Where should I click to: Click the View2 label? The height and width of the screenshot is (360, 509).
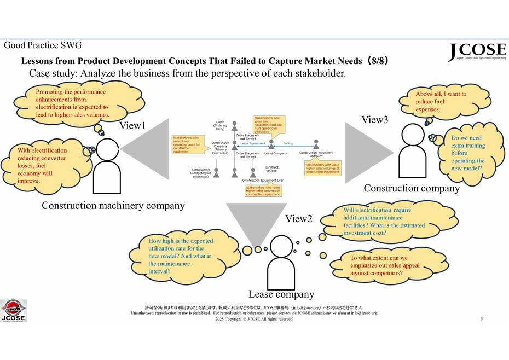[x=298, y=219]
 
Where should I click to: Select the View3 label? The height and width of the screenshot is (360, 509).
[x=375, y=120]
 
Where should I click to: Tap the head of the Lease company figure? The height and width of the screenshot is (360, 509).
[x=282, y=247]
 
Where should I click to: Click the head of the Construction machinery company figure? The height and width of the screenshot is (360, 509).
[x=106, y=149]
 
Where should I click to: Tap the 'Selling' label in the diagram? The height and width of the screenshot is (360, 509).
[x=288, y=143]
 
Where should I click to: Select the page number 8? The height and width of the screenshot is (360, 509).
[x=482, y=318]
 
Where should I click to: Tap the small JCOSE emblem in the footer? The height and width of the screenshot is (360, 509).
[x=13, y=310]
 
